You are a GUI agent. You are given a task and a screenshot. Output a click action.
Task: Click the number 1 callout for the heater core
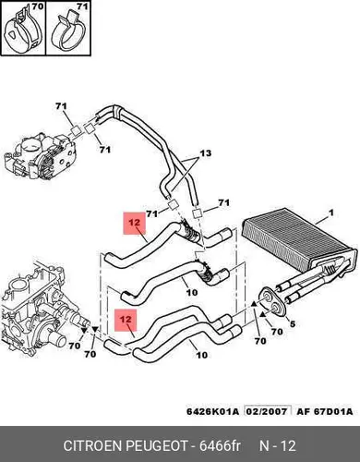click(x=331, y=213)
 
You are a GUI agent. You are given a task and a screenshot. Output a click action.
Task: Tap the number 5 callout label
click(x=293, y=323)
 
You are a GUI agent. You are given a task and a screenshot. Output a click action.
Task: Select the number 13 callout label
click(x=206, y=152)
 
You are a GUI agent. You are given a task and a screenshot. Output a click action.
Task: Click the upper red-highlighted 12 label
click(x=134, y=223)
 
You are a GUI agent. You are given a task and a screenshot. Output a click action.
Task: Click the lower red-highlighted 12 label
click(x=126, y=320)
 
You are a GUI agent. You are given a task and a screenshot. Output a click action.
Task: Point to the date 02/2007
click(x=268, y=411)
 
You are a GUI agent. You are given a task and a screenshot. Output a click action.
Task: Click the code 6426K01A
click(x=212, y=411)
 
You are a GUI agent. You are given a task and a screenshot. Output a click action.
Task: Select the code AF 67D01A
click(x=325, y=411)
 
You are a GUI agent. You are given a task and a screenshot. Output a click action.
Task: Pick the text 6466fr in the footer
click(x=220, y=446)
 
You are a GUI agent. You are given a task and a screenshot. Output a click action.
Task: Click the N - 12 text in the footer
click(x=278, y=446)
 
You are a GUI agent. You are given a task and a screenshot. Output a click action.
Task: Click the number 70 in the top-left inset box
click(x=38, y=6)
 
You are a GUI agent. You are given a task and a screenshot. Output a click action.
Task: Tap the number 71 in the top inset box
click(x=82, y=6)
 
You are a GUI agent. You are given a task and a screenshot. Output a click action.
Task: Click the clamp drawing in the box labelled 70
click(x=24, y=32)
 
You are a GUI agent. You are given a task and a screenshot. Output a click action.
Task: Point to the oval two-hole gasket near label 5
click(x=273, y=302)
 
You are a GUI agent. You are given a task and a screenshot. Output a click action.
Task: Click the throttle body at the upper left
click(x=40, y=154)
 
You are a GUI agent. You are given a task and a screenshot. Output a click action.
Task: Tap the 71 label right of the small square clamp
click(x=223, y=202)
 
